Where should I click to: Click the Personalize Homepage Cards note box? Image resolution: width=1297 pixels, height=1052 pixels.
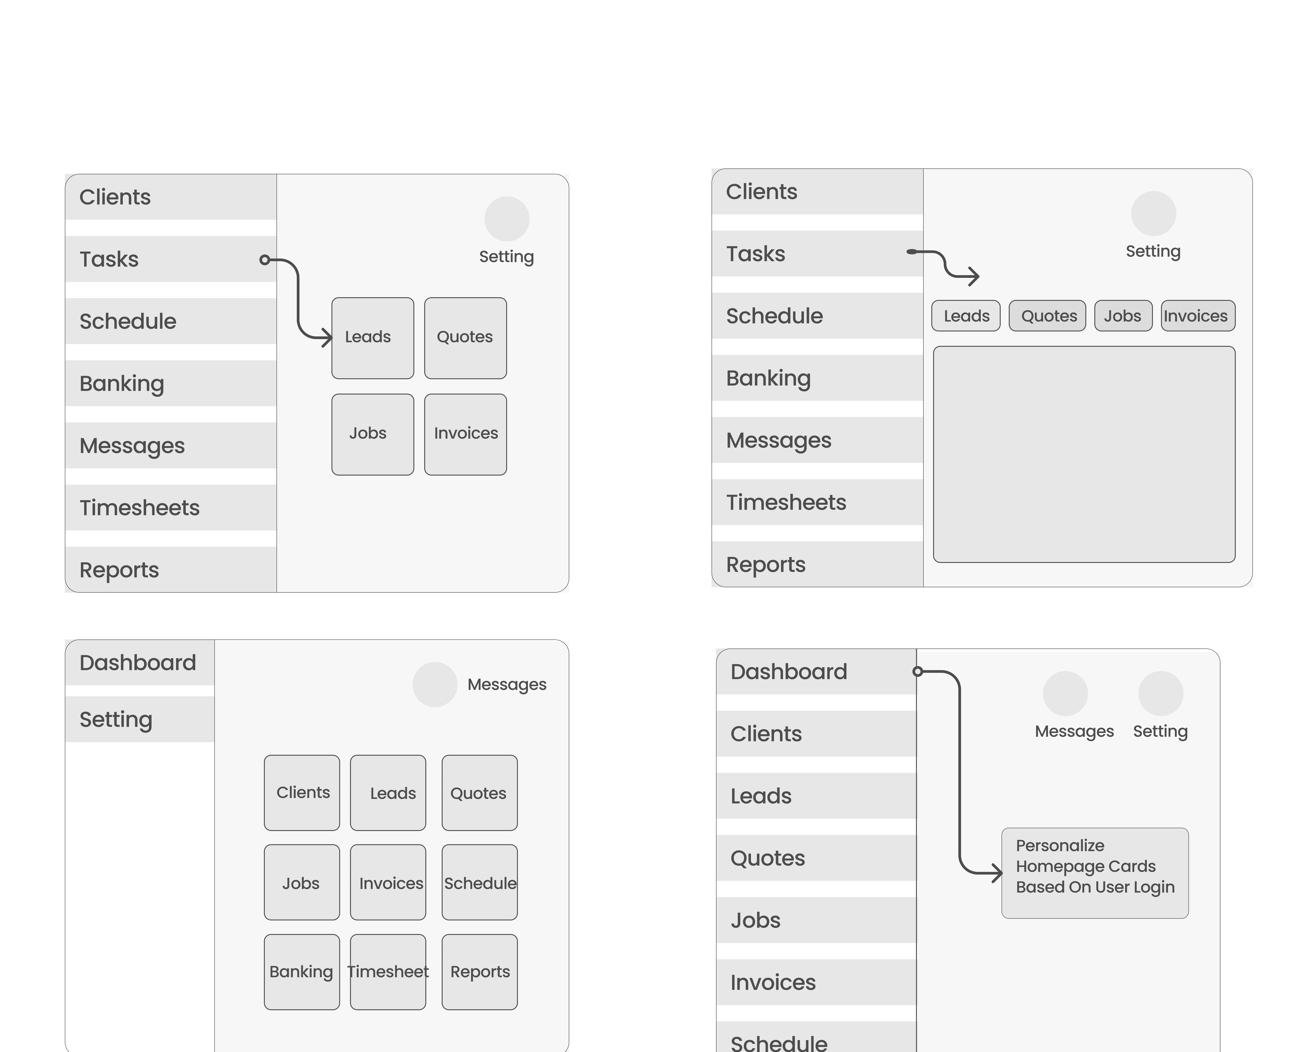click(x=1095, y=873)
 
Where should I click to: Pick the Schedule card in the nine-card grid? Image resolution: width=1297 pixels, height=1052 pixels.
click(x=479, y=882)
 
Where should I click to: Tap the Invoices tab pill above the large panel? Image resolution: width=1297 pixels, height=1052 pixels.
click(x=1198, y=316)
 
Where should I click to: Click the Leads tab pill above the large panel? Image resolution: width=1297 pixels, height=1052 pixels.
click(x=966, y=316)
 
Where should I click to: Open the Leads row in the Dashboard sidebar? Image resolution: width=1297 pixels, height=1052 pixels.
click(x=816, y=796)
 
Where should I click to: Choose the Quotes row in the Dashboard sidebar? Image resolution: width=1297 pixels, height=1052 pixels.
click(x=816, y=858)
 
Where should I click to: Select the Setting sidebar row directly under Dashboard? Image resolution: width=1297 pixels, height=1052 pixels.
click(x=139, y=719)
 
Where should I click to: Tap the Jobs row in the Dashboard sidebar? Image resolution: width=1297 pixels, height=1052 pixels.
click(x=816, y=920)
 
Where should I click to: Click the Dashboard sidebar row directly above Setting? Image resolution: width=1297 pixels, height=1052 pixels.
click(x=139, y=662)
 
